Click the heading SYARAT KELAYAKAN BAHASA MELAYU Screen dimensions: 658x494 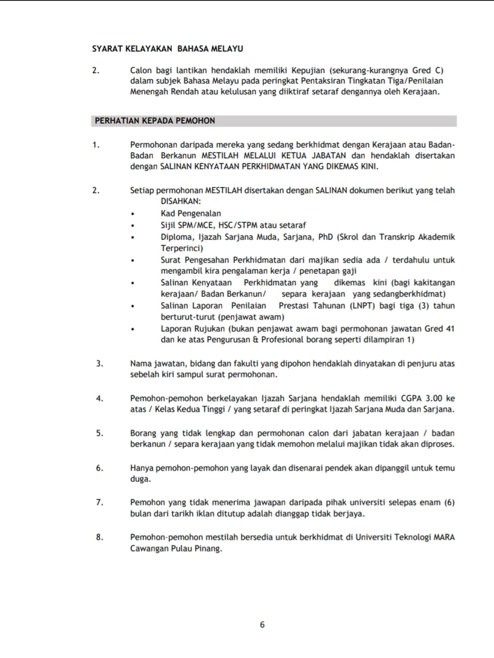tap(167, 48)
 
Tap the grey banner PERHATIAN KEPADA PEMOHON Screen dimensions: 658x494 tap(273, 121)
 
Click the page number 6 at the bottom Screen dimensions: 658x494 tap(262, 625)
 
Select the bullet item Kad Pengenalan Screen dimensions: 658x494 tap(191, 214)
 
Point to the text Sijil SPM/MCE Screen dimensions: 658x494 tap(187, 225)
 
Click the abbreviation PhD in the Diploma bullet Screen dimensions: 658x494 tap(326, 237)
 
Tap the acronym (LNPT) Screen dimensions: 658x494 tap(362, 306)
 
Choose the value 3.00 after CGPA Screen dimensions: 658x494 tap(431, 398)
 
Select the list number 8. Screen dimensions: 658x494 tap(99, 537)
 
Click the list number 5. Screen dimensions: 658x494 tap(99, 433)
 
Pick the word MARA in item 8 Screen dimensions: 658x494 tap(444, 537)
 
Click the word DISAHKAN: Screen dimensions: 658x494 tap(181, 201)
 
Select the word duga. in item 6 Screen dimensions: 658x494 tap(141, 479)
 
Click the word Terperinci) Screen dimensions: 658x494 tap(182, 248)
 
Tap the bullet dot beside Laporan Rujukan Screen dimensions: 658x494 tap(133, 329)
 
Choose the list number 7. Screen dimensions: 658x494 tap(99, 502)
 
